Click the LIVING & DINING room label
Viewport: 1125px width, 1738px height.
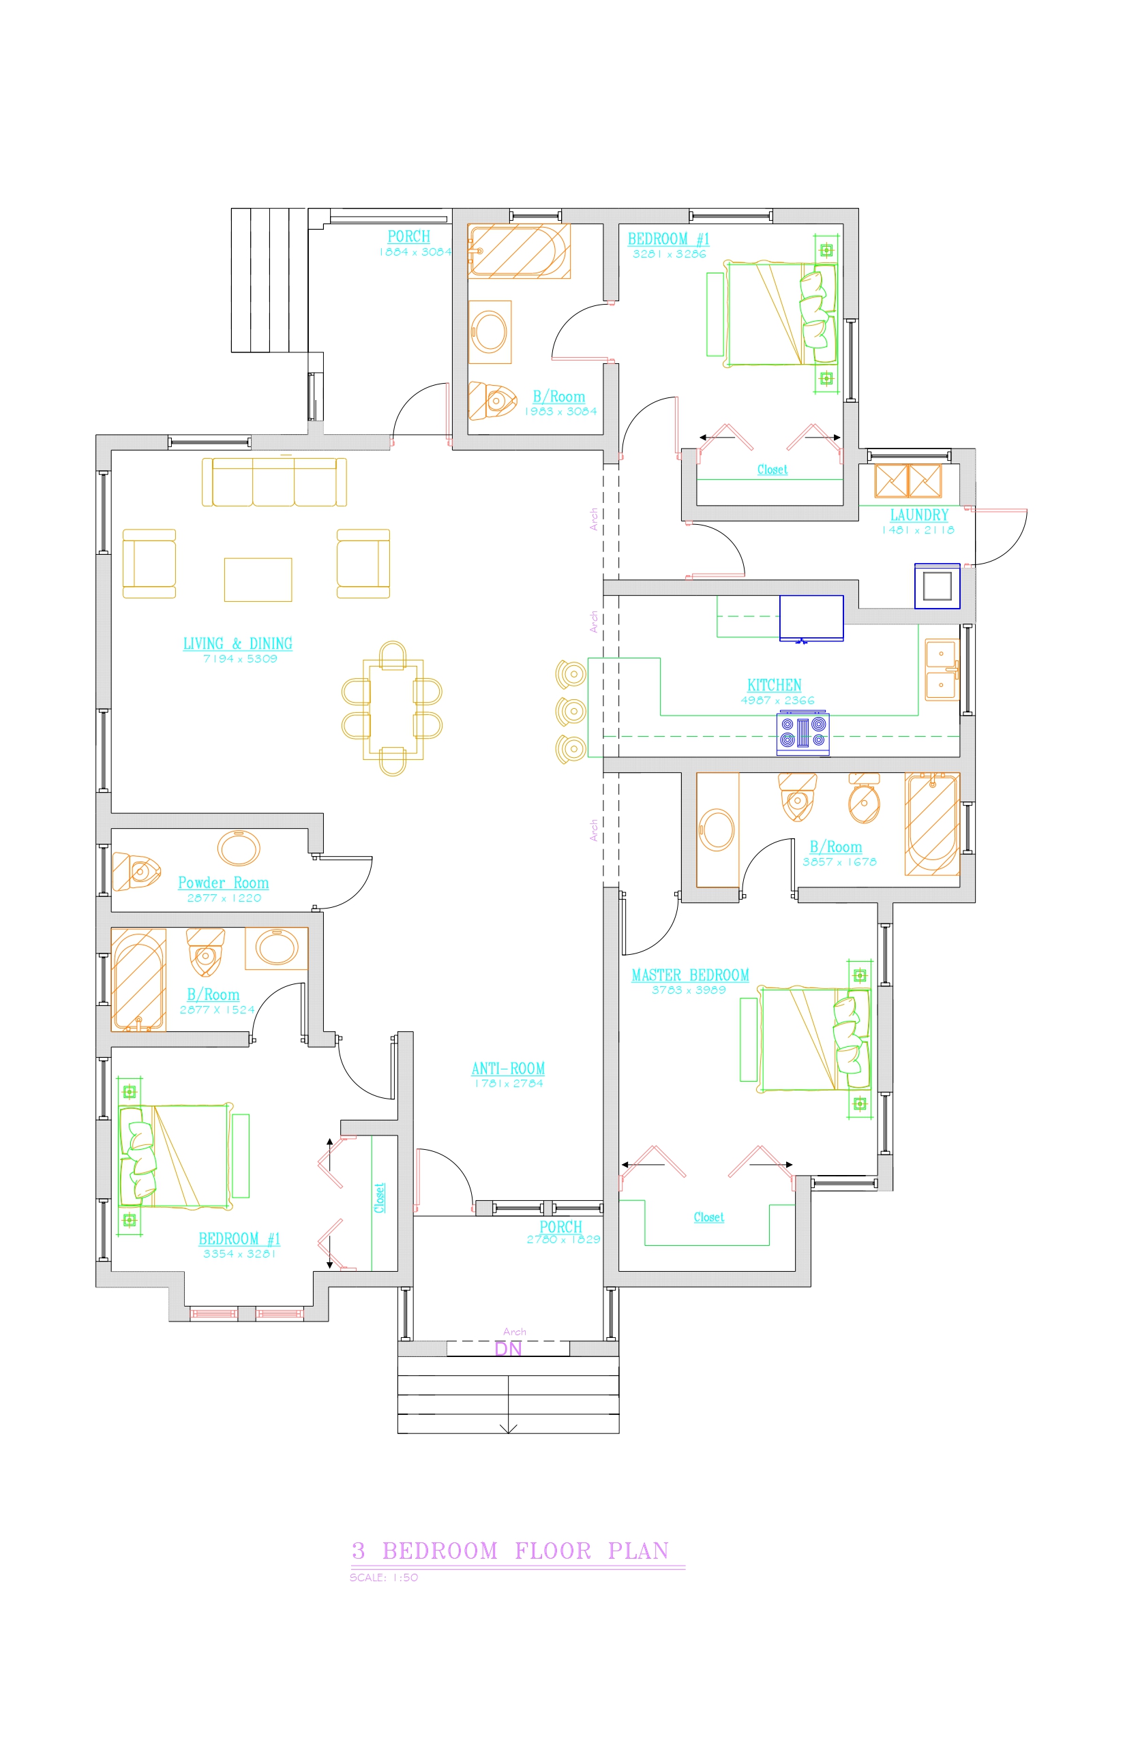pyautogui.click(x=237, y=643)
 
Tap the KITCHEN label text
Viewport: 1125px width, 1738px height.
pyautogui.click(x=775, y=685)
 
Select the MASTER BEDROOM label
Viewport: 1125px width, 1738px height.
pyautogui.click(x=690, y=975)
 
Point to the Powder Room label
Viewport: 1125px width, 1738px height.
pyautogui.click(x=224, y=883)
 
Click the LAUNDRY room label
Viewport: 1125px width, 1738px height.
pyautogui.click(x=919, y=515)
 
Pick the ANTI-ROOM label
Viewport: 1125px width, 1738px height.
pyautogui.click(x=509, y=1069)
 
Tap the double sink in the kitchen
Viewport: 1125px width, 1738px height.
pyautogui.click(x=942, y=669)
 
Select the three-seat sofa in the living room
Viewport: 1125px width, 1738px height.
pyautogui.click(x=274, y=482)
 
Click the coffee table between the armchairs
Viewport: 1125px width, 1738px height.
pyautogui.click(x=258, y=580)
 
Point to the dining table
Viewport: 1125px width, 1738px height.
pyautogui.click(x=393, y=709)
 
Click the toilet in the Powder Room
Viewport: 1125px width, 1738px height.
pyautogui.click(x=136, y=871)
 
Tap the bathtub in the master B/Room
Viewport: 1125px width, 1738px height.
pyautogui.click(x=932, y=824)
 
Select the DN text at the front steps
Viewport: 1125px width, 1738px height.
pyautogui.click(x=509, y=1349)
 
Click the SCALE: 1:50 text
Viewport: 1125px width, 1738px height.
pyautogui.click(x=383, y=1577)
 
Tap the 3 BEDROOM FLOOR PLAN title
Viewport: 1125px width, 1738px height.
pyautogui.click(x=511, y=1551)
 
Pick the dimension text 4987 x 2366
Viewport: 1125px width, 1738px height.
pyautogui.click(x=777, y=701)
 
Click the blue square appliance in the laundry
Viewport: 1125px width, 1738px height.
pyautogui.click(x=938, y=585)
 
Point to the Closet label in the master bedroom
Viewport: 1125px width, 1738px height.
pyautogui.click(x=708, y=1217)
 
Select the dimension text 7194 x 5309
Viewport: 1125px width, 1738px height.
pyautogui.click(x=240, y=658)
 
